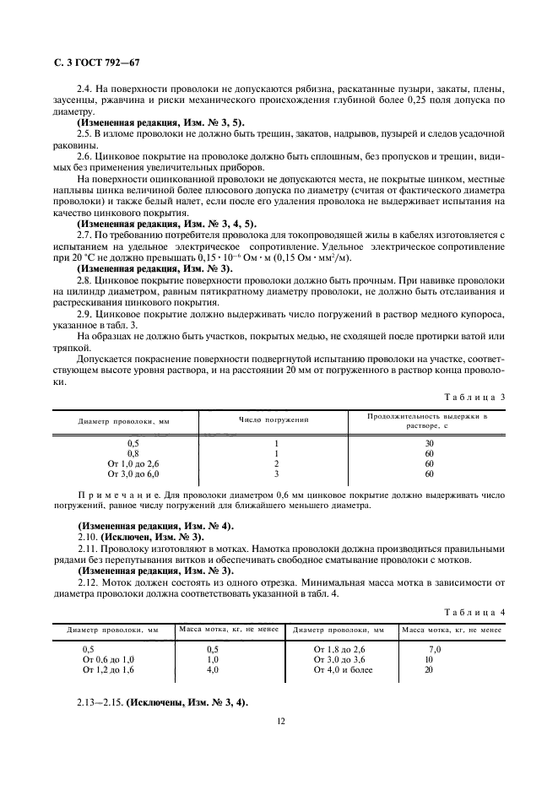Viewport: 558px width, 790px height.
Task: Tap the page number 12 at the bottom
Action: (279, 721)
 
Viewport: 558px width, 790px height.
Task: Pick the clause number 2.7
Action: (84, 234)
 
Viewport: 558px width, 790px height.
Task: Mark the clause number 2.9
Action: (84, 313)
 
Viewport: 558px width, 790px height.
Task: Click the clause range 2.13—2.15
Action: (100, 703)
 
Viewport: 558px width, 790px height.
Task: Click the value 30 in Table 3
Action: (429, 443)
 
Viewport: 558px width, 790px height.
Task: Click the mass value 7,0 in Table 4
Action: (435, 648)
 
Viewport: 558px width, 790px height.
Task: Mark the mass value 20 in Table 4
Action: (429, 669)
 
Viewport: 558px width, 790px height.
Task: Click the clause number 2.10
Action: (86, 537)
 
